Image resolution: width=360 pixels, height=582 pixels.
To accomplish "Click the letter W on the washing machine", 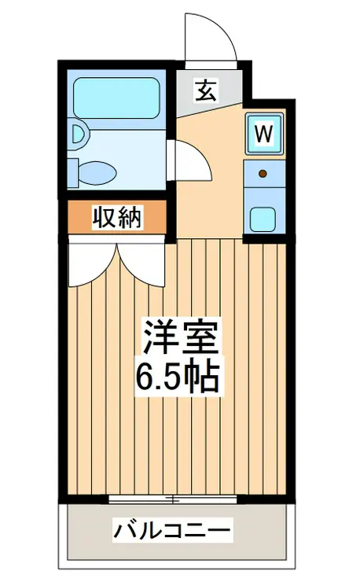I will point(264,134).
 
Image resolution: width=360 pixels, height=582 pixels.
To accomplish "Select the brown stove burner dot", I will point(263,173).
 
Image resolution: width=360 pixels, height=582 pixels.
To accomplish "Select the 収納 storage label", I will point(118,218).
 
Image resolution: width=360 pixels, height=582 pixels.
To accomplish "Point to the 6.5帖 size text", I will point(178,379).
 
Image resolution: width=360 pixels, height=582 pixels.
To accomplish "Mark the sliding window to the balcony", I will point(173,499).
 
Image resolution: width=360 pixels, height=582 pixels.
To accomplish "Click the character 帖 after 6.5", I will point(206,379).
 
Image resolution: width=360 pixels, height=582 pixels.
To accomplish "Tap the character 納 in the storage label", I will point(130,218).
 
